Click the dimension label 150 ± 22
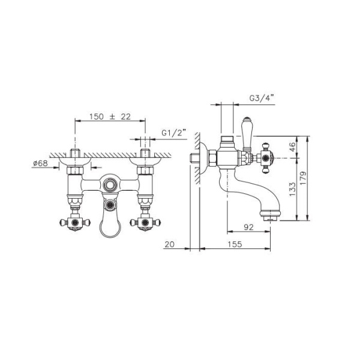110,116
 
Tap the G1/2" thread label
173,133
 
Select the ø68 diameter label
40,163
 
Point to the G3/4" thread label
262,98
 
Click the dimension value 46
292,147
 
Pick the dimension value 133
292,189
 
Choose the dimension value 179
303,178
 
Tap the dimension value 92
248,227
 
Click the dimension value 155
235,244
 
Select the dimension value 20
169,244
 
